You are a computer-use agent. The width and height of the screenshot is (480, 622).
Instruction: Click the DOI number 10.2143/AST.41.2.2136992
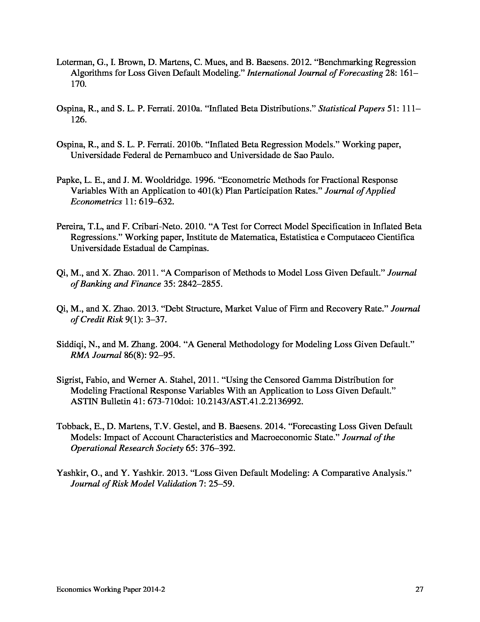[x=250, y=401]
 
